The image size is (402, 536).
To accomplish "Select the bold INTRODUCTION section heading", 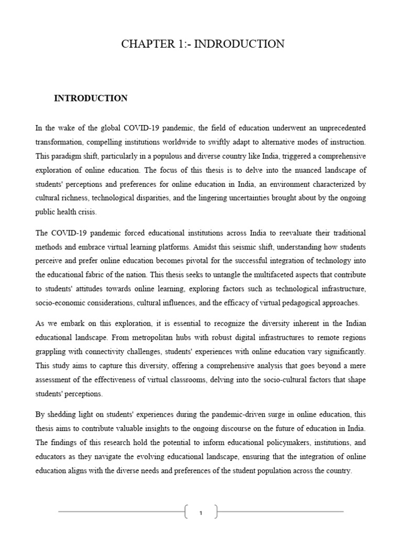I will click(x=91, y=98).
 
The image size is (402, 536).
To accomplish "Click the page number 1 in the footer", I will click(x=201, y=512).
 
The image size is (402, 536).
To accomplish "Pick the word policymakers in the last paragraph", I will click(x=270, y=442).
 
